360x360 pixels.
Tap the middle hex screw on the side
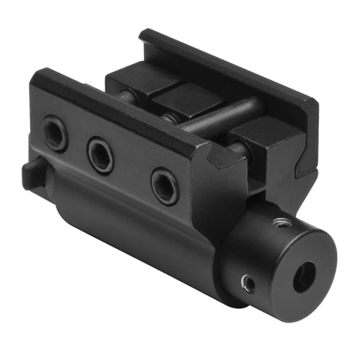point(101,154)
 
